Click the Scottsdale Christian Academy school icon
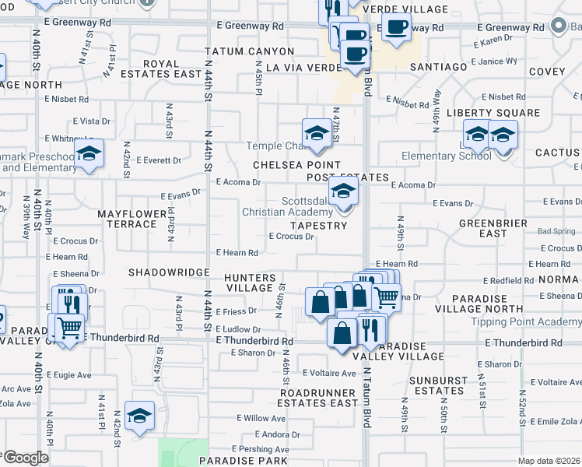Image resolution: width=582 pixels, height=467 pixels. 343,191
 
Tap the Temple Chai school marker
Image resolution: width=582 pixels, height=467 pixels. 317,135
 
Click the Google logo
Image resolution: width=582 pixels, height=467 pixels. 25,458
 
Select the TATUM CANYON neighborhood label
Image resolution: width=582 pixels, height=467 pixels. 250,51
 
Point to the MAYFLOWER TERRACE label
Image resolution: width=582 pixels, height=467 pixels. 132,219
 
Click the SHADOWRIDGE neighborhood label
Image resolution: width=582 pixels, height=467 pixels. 169,272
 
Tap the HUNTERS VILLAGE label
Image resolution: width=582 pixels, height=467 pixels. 250,283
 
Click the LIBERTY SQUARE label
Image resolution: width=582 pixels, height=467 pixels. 493,113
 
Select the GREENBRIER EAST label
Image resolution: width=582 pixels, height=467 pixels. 483,228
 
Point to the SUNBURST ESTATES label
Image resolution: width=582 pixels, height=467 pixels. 437,385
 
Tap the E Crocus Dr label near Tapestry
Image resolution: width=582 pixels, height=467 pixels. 291,237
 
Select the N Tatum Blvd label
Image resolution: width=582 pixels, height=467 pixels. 366,393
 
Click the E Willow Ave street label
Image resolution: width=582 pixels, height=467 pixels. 264,418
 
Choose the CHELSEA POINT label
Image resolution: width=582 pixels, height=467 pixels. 296,165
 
